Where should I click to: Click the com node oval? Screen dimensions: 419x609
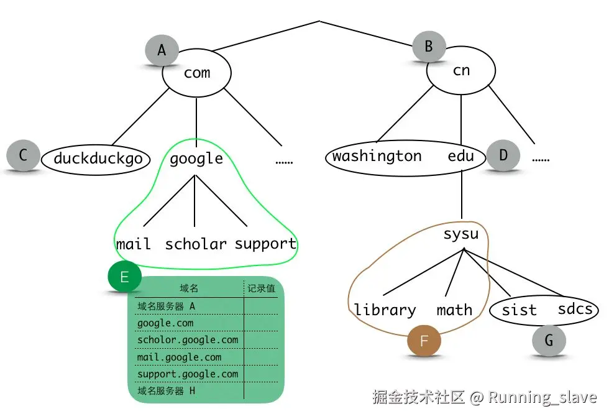[x=196, y=73]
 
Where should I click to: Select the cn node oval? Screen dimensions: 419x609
[x=461, y=71]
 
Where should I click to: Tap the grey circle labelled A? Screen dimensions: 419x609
[x=162, y=50]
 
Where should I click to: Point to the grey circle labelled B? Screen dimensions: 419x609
[x=429, y=46]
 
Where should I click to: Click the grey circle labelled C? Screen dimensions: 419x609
[x=23, y=155]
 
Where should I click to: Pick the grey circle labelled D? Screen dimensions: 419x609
[x=503, y=155]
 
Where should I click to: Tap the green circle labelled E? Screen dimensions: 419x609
[x=124, y=277]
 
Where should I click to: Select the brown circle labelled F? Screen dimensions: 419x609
[x=424, y=341]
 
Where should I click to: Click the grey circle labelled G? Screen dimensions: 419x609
[x=549, y=340]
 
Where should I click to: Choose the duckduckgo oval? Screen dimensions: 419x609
[x=98, y=159]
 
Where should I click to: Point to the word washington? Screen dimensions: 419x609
[x=377, y=156]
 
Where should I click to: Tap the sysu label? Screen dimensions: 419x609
[x=460, y=234]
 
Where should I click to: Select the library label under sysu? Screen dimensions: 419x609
[x=385, y=310]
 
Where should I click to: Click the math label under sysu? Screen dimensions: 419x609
[x=454, y=310]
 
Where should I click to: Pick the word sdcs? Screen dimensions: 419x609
[x=575, y=309]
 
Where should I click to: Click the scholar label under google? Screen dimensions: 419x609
[x=196, y=244]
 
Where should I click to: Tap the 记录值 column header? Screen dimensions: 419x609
[x=261, y=288]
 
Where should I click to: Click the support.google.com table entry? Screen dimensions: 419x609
[x=187, y=374]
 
